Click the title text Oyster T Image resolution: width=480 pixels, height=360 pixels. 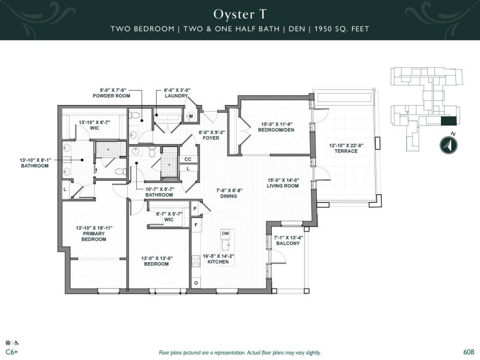click(x=239, y=13)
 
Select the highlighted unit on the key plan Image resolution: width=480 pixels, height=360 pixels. click(x=448, y=121)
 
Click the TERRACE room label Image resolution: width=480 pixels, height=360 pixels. click(x=346, y=151)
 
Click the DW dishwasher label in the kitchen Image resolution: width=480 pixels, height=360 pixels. click(x=225, y=233)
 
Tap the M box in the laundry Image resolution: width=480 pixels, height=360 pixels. click(x=191, y=116)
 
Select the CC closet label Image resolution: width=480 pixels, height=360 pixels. click(x=188, y=159)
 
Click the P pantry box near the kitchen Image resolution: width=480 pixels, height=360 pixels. click(x=195, y=209)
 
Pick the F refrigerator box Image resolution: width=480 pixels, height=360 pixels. click(x=195, y=224)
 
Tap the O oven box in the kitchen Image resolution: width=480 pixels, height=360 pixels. click(x=195, y=282)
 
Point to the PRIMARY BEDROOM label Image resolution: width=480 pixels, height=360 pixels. click(x=94, y=236)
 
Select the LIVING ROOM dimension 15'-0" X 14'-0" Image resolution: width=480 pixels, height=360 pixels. click(x=283, y=179)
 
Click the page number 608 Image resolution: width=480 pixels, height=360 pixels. click(x=469, y=352)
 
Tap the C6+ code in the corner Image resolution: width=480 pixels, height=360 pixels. click(x=11, y=352)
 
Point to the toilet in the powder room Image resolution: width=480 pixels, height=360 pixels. click(x=136, y=115)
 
